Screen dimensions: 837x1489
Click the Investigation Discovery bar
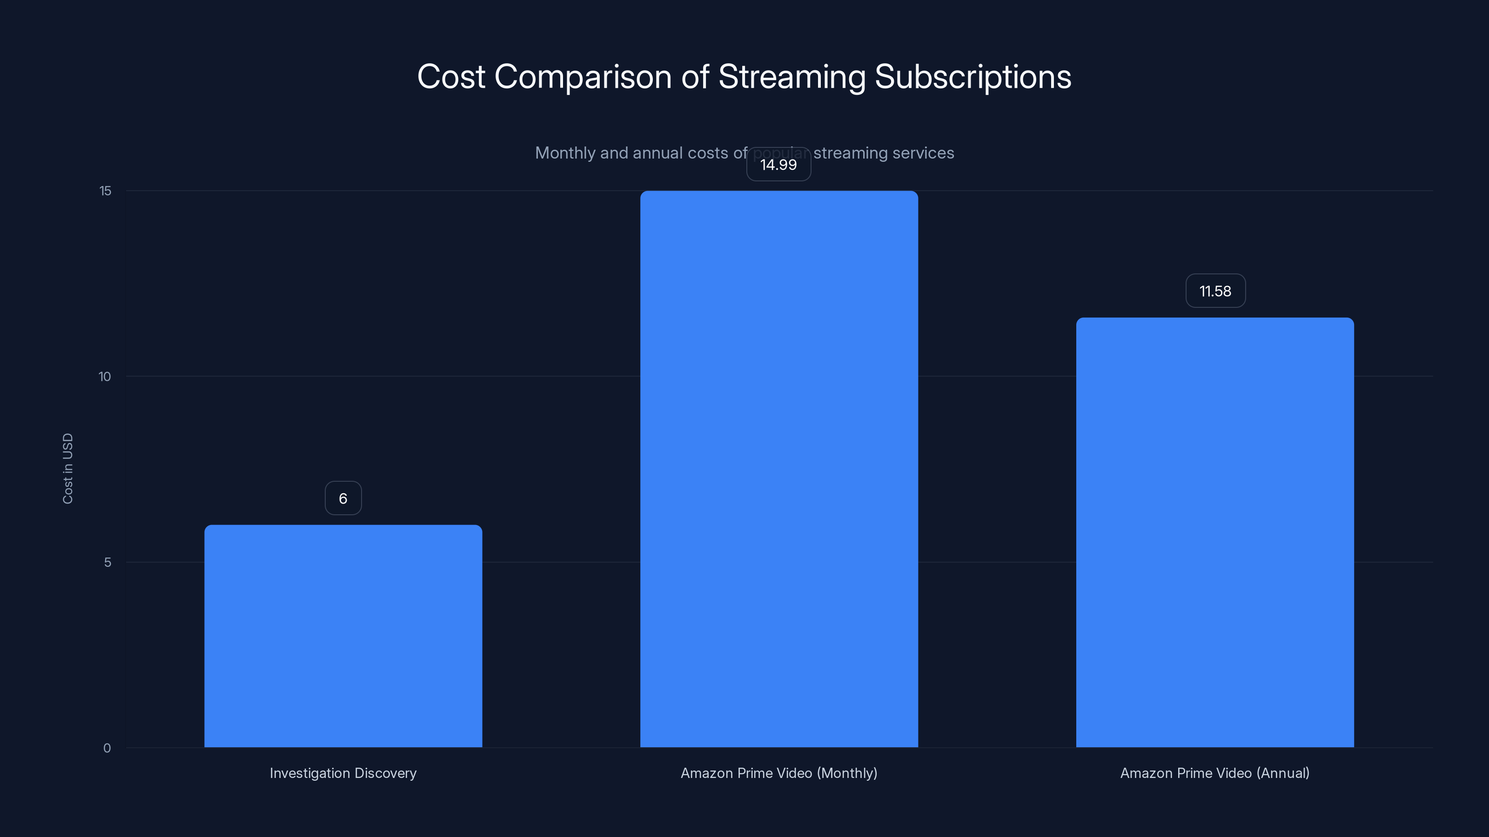343,635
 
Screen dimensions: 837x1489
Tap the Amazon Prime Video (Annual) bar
1214,532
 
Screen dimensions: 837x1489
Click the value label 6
343,498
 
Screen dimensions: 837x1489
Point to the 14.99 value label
778,165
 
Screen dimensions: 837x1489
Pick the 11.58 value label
1215,291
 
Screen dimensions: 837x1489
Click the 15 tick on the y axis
105,191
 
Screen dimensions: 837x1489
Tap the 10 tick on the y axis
105,377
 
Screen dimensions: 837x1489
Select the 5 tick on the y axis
107,563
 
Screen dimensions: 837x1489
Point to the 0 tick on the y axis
107,748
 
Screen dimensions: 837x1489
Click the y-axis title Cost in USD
67,468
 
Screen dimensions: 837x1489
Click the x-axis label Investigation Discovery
343,773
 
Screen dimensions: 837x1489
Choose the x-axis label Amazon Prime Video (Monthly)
778,773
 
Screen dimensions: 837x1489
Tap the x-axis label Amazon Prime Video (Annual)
1214,773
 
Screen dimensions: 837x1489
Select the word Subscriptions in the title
973,77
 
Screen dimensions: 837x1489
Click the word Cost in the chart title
451,77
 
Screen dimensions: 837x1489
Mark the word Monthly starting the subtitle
565,153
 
